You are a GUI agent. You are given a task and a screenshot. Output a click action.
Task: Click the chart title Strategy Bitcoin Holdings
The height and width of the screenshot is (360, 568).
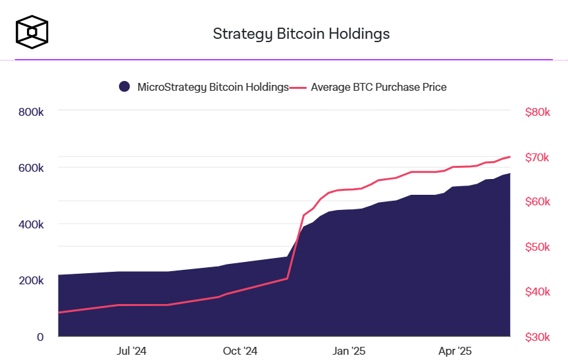[x=301, y=34]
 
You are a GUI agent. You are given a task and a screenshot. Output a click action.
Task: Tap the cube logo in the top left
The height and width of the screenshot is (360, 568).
[x=32, y=32]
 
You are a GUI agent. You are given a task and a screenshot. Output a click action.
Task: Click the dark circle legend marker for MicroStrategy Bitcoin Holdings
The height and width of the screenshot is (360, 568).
[x=124, y=87]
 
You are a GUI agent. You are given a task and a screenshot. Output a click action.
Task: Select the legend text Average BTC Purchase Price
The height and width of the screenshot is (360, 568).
[x=378, y=87]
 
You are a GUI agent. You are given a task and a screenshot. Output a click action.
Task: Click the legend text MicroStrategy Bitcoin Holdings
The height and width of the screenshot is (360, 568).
[x=213, y=87]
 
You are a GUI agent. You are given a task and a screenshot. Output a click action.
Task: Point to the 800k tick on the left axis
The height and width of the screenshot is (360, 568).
[x=31, y=112]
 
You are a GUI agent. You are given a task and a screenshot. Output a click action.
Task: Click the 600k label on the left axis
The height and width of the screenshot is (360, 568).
[x=31, y=168]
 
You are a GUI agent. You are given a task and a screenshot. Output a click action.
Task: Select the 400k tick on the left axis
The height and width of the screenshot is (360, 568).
[x=31, y=224]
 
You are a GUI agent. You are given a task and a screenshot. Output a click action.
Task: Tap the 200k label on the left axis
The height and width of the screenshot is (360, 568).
[x=31, y=280]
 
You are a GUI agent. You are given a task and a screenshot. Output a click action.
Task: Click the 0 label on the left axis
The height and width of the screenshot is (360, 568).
[x=40, y=337]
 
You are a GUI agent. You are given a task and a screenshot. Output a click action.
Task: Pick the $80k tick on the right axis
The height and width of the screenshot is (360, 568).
[x=537, y=112]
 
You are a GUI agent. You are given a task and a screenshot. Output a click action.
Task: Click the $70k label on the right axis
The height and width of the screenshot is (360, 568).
[x=537, y=157]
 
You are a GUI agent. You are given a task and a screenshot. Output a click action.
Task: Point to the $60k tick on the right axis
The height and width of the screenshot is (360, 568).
[x=537, y=201]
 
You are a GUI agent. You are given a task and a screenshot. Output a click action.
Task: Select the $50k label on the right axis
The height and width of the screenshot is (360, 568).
[x=537, y=247]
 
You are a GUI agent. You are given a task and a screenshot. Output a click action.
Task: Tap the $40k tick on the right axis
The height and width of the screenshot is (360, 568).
[x=537, y=292]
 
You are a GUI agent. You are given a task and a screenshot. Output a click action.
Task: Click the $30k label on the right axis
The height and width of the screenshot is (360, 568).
[x=537, y=337]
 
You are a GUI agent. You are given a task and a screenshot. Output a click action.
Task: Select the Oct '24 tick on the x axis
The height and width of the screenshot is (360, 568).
[x=240, y=351]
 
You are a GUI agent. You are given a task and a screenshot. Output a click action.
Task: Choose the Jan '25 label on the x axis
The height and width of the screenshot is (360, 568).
[x=349, y=351]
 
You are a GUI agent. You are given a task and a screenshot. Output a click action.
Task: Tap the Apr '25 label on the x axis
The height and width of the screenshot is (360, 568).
[x=455, y=351]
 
